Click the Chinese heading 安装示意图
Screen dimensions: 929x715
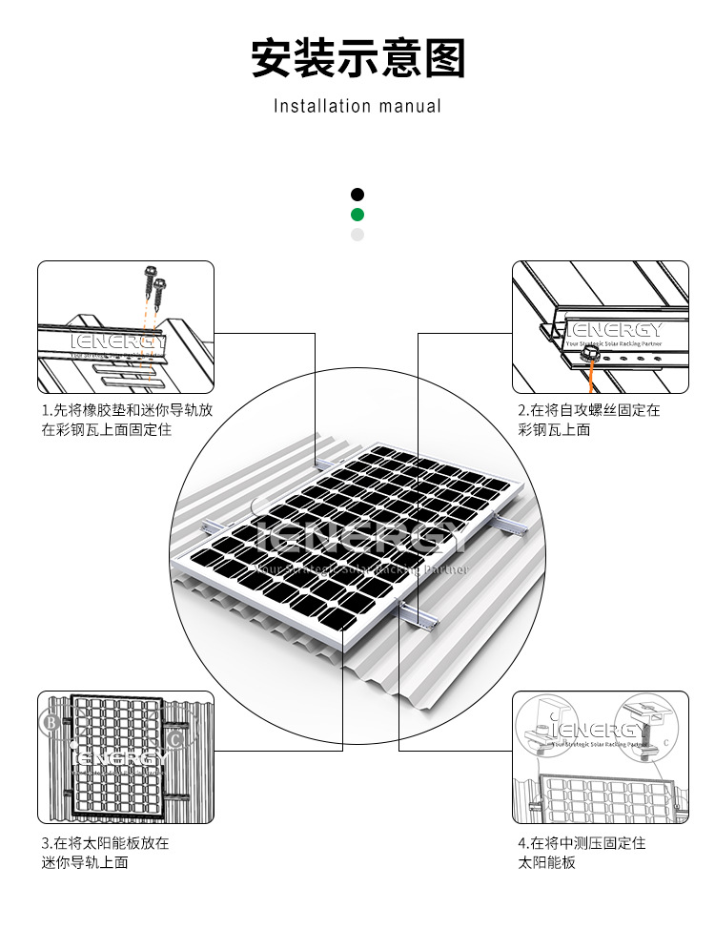[357, 58]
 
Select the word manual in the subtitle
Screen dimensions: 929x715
[410, 106]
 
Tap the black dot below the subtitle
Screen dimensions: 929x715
[357, 195]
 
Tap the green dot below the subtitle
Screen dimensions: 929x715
[357, 215]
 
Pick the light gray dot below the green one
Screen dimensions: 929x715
[357, 235]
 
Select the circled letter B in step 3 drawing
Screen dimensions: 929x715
[51, 723]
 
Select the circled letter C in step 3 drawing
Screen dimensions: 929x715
[174, 737]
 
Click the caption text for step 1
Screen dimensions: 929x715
[126, 420]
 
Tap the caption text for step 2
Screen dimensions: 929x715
[588, 420]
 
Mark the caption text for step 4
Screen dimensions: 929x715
[582, 853]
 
